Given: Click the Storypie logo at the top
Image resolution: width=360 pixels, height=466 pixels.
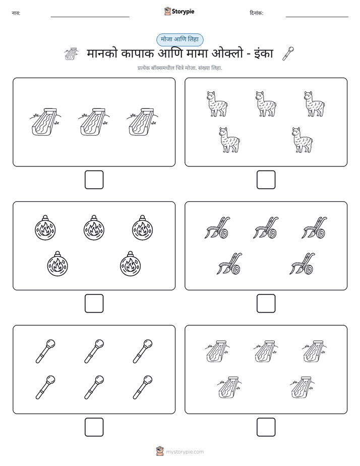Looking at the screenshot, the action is point(179,12).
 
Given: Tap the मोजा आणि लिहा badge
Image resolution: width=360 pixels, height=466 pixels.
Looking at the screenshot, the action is point(179,39).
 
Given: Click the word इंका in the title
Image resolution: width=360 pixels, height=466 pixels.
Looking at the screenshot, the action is point(264,54).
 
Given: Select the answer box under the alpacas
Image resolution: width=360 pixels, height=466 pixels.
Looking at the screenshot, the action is point(266,180).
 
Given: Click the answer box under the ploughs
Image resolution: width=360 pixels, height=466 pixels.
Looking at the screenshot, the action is point(266,304).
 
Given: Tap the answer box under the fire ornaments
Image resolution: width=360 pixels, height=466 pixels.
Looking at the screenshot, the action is point(94,304).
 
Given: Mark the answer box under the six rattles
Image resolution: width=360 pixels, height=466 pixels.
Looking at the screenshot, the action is point(94,427).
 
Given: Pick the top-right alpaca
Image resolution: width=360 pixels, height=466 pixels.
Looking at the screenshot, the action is point(314,104).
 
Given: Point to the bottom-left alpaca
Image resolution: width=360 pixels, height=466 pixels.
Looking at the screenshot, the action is point(229,140).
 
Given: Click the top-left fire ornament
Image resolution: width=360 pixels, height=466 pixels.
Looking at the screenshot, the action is point(45,227).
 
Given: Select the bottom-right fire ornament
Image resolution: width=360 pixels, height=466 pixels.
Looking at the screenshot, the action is point(130,264).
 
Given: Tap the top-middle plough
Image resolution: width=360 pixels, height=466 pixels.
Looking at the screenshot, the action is point(266,227).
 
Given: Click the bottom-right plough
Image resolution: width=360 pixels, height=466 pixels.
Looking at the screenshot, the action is point(303,264).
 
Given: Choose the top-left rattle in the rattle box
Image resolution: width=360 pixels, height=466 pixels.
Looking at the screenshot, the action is point(45,352).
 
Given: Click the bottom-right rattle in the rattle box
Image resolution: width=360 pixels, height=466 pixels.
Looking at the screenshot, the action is point(143,387).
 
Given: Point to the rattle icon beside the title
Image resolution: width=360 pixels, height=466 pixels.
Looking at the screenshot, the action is point(288,53).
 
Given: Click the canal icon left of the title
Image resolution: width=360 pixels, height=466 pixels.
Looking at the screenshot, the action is point(72,54).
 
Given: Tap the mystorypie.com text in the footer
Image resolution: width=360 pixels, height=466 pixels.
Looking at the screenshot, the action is point(185,452).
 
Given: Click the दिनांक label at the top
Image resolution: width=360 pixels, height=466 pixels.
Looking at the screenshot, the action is point(257,13).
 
